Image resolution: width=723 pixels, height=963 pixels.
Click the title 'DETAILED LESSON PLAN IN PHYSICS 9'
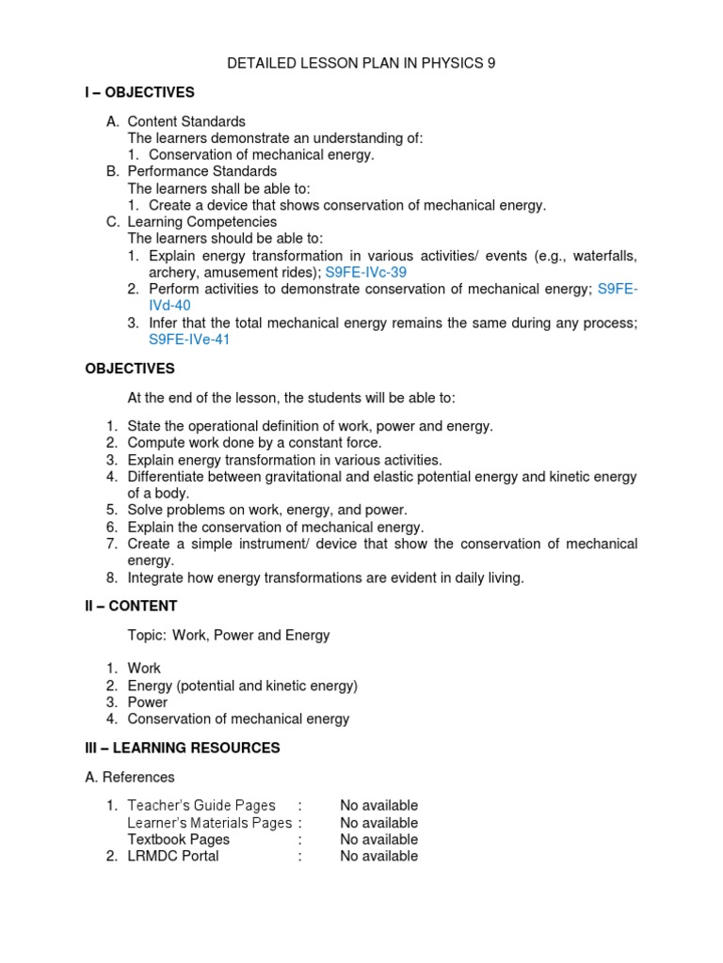(x=361, y=64)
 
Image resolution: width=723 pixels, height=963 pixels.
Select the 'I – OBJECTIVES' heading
(x=139, y=92)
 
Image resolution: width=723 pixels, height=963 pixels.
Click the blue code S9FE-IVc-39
(x=366, y=273)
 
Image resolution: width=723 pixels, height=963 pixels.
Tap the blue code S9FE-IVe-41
(x=189, y=339)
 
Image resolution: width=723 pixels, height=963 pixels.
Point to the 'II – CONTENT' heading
(x=131, y=606)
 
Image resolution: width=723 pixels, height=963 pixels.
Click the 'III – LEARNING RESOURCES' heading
(x=183, y=748)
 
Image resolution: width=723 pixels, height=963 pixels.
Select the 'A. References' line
(x=130, y=777)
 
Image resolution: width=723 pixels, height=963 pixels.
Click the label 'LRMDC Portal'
(x=173, y=856)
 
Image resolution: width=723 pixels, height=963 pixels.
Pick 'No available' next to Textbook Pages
(x=378, y=839)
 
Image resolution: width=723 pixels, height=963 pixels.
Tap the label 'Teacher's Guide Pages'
(x=201, y=806)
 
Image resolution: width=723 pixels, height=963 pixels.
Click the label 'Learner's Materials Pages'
(x=209, y=823)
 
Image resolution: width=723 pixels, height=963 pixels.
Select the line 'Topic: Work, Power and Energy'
(x=229, y=635)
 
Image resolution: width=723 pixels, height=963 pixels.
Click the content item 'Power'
(x=148, y=702)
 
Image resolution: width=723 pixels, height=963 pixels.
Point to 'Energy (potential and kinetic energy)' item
(x=243, y=686)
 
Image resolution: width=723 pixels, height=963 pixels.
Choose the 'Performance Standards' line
(x=201, y=171)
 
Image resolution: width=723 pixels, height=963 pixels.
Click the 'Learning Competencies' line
(x=201, y=222)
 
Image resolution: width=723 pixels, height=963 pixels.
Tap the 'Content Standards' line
(x=186, y=121)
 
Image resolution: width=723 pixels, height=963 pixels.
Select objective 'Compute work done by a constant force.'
(x=254, y=442)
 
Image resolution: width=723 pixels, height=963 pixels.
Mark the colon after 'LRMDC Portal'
(x=299, y=856)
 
